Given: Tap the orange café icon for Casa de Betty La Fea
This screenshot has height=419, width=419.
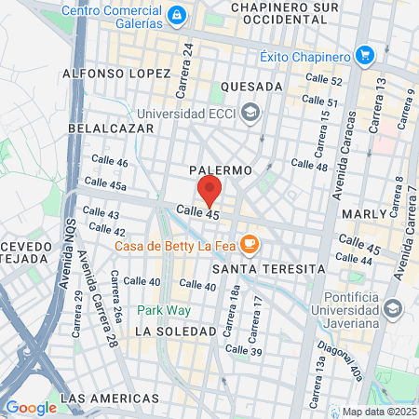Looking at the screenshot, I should pyautogui.click(x=249, y=245).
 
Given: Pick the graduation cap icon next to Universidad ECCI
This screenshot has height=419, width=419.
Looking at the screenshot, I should pyautogui.click(x=250, y=114).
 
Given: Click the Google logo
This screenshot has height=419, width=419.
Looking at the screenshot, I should pyautogui.click(x=31, y=407).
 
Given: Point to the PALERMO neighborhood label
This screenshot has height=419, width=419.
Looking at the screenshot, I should pyautogui.click(x=220, y=171).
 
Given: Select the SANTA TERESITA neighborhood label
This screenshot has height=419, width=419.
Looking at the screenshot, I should pyautogui.click(x=268, y=268).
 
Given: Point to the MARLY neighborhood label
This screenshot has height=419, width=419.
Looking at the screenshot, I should pyautogui.click(x=364, y=214).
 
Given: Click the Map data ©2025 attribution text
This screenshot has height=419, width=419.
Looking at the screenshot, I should pyautogui.click(x=379, y=412).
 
